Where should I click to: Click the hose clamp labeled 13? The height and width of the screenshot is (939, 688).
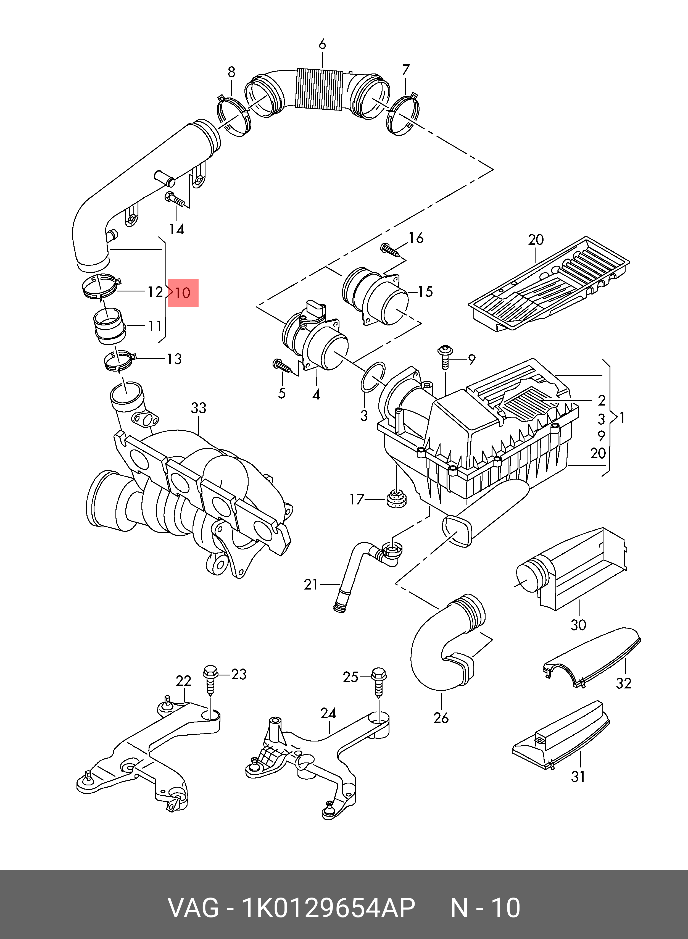119,361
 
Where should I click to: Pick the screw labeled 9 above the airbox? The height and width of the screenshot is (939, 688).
445,357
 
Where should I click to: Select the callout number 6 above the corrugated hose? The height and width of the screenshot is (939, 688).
322,44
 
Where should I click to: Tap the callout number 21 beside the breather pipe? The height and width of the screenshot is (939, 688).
311,585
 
